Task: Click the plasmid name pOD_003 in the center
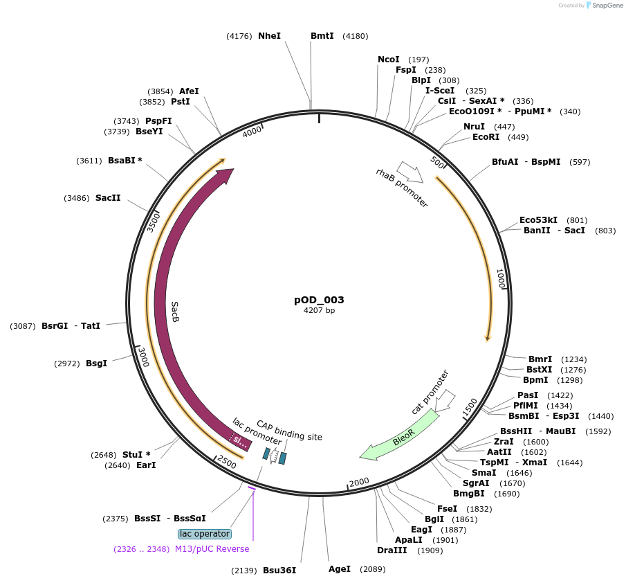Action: point(319,300)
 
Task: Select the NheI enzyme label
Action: point(269,35)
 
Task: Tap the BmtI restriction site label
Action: point(322,35)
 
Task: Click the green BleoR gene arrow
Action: point(399,436)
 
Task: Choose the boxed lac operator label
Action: point(204,534)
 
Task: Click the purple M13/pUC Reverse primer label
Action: point(212,549)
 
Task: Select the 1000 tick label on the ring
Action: point(500,279)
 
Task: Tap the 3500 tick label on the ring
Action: point(154,222)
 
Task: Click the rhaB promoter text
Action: point(402,188)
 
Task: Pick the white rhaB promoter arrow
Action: point(410,172)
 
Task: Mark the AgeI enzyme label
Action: point(340,569)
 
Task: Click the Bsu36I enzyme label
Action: point(279,571)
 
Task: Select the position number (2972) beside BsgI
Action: point(67,364)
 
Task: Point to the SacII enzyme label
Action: point(108,198)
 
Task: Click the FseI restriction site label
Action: point(446,508)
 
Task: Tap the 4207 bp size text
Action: point(319,311)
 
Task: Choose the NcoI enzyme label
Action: point(389,60)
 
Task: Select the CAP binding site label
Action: point(289,430)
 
